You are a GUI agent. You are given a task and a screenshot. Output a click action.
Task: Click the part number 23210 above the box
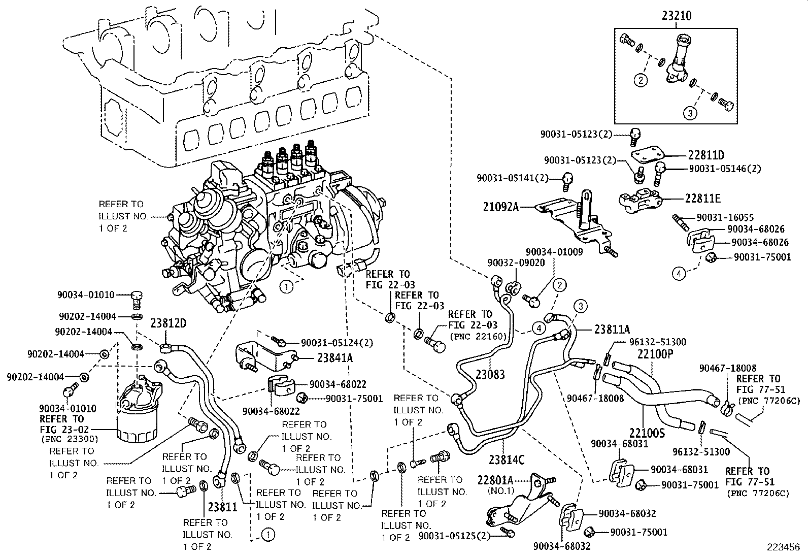coord(676,16)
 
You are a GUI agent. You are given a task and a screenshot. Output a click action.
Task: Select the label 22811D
coord(706,155)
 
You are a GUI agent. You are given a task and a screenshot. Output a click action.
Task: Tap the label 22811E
coord(702,199)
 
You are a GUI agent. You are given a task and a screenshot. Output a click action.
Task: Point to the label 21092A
coord(500,207)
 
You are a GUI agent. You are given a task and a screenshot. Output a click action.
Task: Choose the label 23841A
coord(335,357)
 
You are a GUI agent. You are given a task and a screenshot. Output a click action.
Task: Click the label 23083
coord(490,375)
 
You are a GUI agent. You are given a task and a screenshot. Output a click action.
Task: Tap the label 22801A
coord(495,480)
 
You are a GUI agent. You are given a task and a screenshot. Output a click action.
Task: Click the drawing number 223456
coord(786,548)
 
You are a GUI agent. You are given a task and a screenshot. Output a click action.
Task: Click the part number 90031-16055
coord(725,217)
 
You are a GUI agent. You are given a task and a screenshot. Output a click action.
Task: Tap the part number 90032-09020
coord(509,263)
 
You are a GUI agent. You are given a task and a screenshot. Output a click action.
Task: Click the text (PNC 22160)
coord(475,337)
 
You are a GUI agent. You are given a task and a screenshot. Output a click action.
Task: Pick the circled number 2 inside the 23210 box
coord(641,80)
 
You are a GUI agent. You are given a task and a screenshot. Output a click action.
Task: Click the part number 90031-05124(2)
coord(336,343)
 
